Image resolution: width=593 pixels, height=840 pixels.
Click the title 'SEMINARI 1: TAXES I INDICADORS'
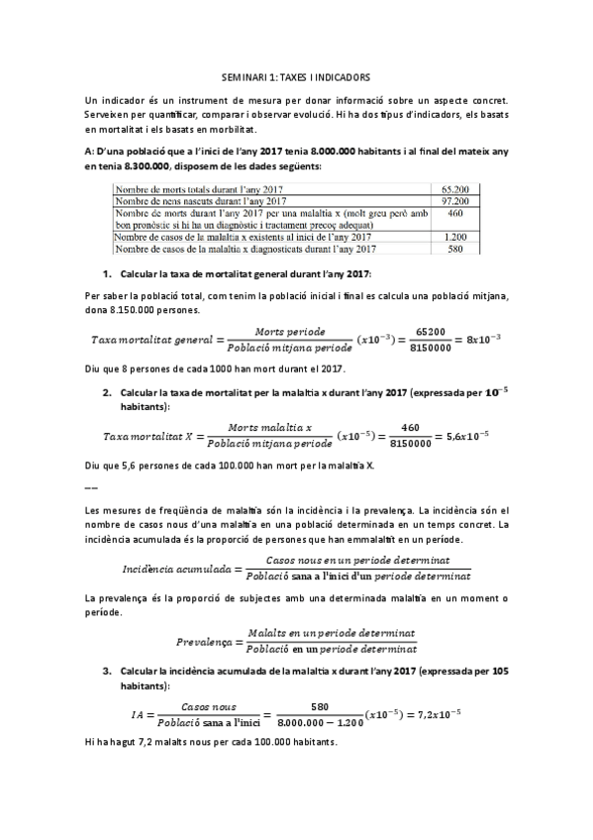click(x=296, y=75)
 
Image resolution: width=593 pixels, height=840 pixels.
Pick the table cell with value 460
click(x=455, y=212)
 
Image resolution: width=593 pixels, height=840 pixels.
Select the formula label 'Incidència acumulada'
click(x=175, y=570)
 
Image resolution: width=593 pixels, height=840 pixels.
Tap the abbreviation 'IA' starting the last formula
click(x=137, y=714)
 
